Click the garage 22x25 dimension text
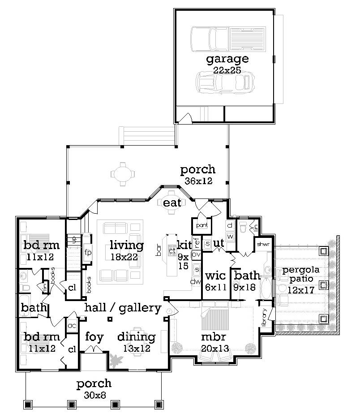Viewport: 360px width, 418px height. [x=227, y=70]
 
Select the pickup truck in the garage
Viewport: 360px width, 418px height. [x=228, y=39]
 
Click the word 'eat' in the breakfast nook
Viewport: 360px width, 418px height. [x=172, y=203]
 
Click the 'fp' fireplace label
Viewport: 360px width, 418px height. [x=88, y=252]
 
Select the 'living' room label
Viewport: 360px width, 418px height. [x=127, y=245]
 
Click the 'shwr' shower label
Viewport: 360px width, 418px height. [x=262, y=244]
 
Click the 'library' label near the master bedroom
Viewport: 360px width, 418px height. [x=264, y=317]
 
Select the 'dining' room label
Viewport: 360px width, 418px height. [x=136, y=337]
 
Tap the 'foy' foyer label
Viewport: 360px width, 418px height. [x=94, y=336]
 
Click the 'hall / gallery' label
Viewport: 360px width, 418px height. [x=123, y=308]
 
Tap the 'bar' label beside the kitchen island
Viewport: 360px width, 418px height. [x=159, y=251]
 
